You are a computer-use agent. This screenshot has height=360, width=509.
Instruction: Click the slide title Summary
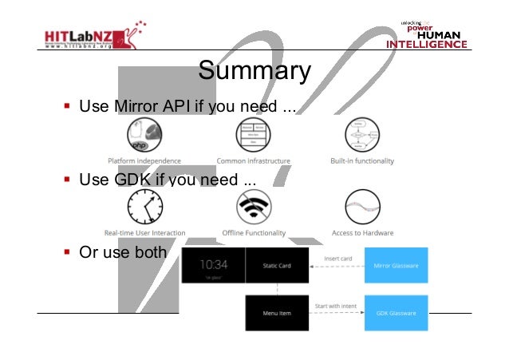tap(254, 71)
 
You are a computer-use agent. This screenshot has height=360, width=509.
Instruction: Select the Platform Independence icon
tap(144, 133)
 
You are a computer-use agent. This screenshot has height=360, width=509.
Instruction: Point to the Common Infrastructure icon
tap(251, 133)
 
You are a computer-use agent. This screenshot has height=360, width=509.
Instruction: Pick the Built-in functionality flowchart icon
tap(362, 133)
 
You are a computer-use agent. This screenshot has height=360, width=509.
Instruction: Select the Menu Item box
tap(275, 313)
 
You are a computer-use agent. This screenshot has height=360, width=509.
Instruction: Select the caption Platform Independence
tap(144, 161)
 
